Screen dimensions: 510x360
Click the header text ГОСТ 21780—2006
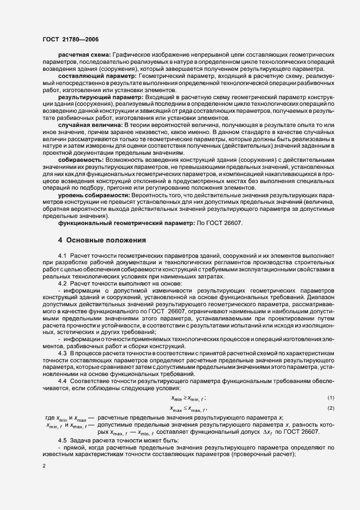[x=71, y=39]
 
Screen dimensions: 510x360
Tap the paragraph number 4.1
[x=63, y=256]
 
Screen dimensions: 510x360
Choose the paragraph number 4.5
[x=63, y=440]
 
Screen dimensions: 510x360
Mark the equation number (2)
[x=330, y=408]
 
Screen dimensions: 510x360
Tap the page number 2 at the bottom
[x=44, y=466]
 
